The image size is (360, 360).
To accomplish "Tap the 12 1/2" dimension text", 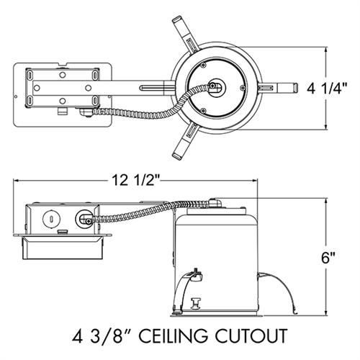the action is coord(136,180).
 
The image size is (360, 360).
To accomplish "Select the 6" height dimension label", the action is coord(328,258).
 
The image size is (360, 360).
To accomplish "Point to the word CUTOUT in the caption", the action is coord(251,336).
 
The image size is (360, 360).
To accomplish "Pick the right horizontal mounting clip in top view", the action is coord(278,88).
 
